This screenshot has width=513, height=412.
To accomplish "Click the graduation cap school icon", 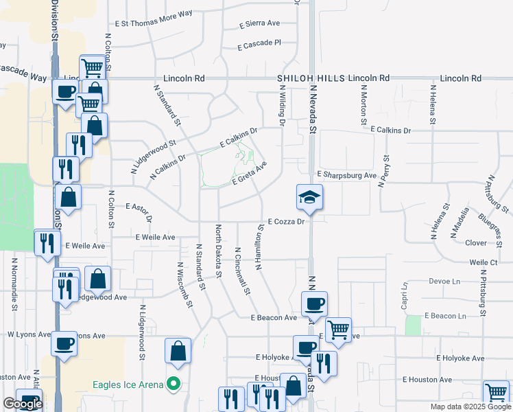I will click(x=309, y=197).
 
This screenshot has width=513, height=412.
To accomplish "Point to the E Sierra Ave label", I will click(x=260, y=23).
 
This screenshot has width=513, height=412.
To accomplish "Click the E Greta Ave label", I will click(x=249, y=174).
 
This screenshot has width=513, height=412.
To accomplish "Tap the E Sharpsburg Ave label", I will click(x=347, y=176).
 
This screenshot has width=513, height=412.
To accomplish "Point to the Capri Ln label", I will click(x=405, y=291).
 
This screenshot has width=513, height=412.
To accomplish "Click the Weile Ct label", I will click(x=484, y=262).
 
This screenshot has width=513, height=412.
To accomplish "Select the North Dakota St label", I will click(x=219, y=251).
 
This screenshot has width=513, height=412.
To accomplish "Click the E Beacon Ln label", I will click(x=444, y=316).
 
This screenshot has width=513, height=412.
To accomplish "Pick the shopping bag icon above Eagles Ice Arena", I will click(x=178, y=350).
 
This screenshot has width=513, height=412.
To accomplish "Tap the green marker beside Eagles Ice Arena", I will click(x=174, y=384).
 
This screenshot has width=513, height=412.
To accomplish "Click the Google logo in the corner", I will click(x=23, y=404).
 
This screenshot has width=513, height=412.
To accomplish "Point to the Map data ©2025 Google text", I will click(x=470, y=407).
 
